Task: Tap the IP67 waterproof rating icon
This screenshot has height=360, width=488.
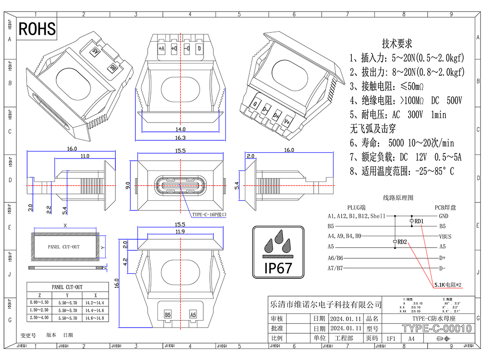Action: (278, 252)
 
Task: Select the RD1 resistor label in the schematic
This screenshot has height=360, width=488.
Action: (419, 221)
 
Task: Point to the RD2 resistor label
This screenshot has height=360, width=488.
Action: (402, 242)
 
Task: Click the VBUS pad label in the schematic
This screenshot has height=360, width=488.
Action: (445, 236)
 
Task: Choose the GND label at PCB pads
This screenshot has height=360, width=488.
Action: (443, 216)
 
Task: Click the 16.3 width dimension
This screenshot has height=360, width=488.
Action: (181, 138)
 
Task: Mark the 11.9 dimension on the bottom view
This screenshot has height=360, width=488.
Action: (180, 232)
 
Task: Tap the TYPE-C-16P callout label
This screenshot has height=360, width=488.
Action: (209, 214)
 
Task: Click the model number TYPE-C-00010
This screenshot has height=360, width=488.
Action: (437, 328)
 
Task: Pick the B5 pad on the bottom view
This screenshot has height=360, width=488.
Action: (168, 315)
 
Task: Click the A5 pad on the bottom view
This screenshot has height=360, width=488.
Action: (193, 315)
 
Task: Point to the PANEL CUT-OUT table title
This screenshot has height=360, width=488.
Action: (67, 287)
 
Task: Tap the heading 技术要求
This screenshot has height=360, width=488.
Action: (397, 44)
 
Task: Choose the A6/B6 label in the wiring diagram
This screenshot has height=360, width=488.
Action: (335, 257)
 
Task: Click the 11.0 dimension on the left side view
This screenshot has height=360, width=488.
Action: (85, 156)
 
